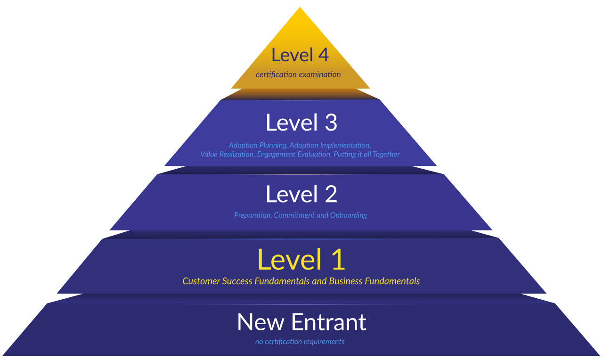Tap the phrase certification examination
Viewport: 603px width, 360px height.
coord(298,74)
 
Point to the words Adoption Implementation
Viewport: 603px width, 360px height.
coord(330,145)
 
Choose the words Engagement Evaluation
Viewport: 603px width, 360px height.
coord(293,154)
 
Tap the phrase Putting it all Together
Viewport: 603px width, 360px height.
coord(367,154)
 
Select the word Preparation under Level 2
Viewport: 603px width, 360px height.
coord(252,215)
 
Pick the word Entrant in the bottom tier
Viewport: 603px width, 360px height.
coord(328,322)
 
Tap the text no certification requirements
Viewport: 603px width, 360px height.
coord(300,342)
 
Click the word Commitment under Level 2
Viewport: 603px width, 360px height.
coord(294,215)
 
